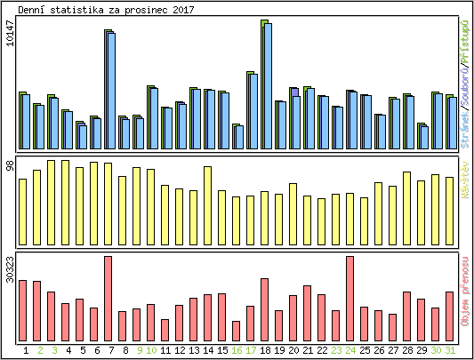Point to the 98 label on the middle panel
[10, 166]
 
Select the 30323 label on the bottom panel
[10, 269]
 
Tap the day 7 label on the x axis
[111, 350]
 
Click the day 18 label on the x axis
[266, 350]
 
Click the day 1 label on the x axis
[26, 350]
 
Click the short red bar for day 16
[237, 331]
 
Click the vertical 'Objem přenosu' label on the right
[465, 293]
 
